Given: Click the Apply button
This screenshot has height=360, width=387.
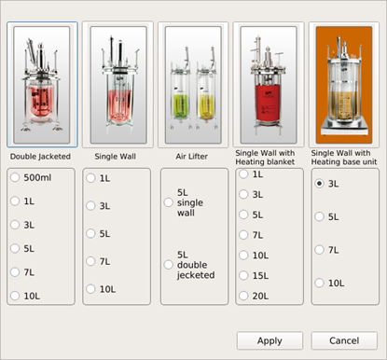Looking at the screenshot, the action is pos(270,340).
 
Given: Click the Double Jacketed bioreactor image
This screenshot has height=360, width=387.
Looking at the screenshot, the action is pos(42,85).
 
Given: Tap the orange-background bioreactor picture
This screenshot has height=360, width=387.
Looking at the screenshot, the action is pos(344,85).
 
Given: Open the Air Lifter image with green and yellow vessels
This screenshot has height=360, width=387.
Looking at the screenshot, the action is pos(193,85).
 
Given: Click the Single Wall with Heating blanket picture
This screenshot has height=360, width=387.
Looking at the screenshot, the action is pos(269,85).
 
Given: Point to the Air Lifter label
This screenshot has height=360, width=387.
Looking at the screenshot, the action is pos(191,157).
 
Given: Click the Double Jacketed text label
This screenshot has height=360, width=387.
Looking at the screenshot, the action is pos(40,157).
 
